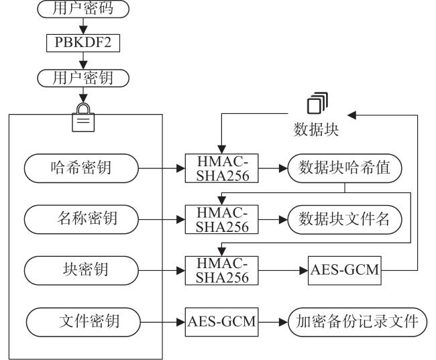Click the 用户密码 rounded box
pos(83,9)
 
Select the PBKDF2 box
pos(83,43)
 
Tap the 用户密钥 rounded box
pos(83,78)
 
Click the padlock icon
pos(83,117)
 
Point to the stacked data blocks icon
pos(317,103)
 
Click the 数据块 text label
pos(316,129)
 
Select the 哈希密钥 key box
pos(81,168)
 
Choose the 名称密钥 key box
pos(81,219)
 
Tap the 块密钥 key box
pos(81,270)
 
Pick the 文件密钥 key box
pos(83,322)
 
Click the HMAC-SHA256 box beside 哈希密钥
pos(221,168)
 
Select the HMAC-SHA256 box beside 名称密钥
pos(221,219)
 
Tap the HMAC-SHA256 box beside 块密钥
pos(221,270)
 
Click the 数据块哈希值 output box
pos(345,168)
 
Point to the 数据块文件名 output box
pos(345,219)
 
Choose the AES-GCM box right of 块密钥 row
pos(345,270)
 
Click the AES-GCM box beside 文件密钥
pos(221,322)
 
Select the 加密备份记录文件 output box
pos(358,322)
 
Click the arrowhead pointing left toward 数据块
pos(351,115)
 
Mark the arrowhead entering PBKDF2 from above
pos(83,30)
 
